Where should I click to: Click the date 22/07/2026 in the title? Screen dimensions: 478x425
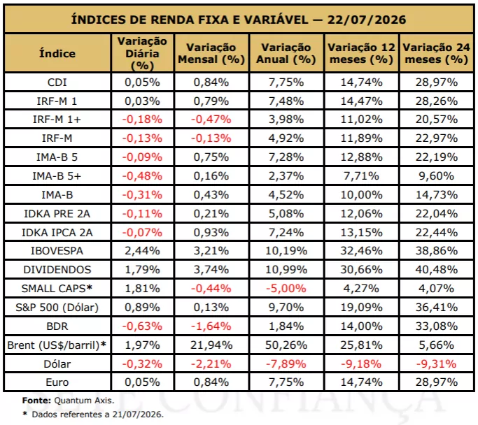pos(367,20)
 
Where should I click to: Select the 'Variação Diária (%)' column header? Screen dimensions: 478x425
pos(142,53)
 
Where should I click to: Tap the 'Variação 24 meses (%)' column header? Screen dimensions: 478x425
pos(437,53)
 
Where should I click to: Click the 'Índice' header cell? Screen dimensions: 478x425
pos(57,54)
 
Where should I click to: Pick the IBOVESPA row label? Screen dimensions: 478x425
pos(57,251)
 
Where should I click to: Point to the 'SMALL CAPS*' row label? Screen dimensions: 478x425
pos(57,288)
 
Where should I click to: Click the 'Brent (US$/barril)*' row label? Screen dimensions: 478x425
pos(57,345)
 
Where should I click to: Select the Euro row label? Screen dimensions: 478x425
pos(57,382)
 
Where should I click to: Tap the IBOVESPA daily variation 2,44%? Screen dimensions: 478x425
pos(142,251)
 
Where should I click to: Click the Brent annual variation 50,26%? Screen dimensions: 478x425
pos(286,345)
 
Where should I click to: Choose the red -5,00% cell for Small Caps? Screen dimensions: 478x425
pos(286,288)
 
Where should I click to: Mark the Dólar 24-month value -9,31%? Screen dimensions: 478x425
pos(437,363)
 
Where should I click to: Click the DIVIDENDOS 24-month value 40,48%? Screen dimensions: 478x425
pos(437,270)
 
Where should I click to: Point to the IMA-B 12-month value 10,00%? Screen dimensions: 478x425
pos(362,195)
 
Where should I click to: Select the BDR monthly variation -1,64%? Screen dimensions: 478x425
pos(211,326)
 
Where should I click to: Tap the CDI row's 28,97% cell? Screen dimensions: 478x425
pos(437,82)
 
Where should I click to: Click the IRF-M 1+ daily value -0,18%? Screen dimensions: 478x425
pos(142,120)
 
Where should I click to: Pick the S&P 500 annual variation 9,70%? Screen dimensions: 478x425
pos(286,308)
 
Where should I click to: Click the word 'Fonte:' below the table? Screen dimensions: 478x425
pos(37,401)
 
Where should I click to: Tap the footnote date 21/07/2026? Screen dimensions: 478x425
pos(138,415)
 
